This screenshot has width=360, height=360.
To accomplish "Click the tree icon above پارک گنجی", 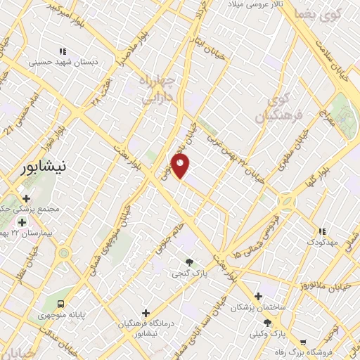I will click(x=189, y=262).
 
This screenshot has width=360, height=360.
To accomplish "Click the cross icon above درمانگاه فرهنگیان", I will click(x=146, y=312).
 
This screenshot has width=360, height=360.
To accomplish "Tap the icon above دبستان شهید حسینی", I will click(x=63, y=51).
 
